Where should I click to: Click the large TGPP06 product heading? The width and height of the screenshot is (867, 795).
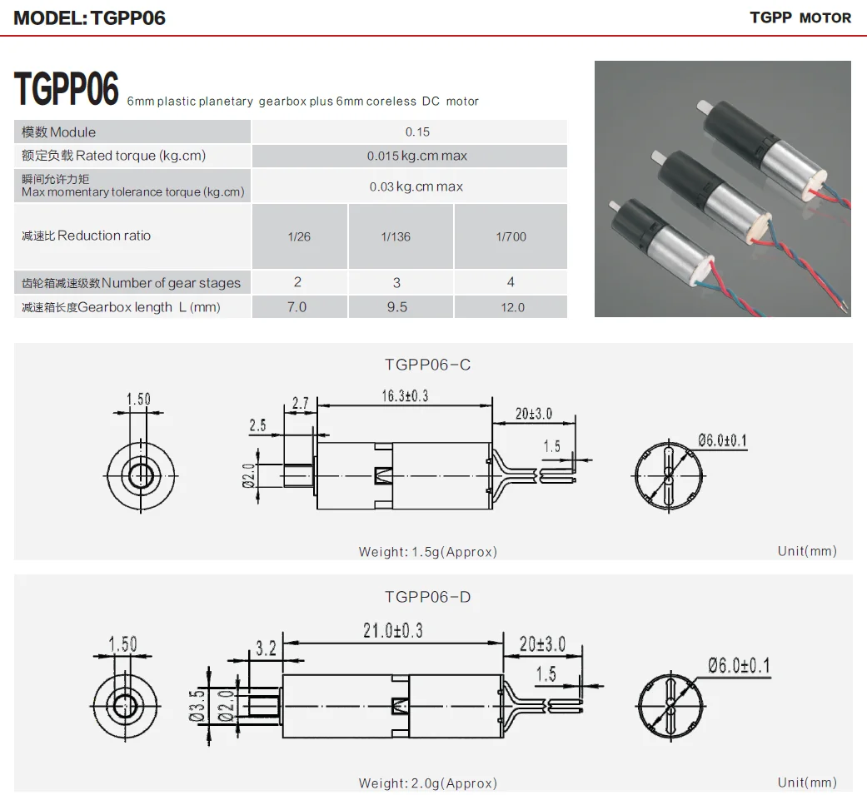[x=67, y=90]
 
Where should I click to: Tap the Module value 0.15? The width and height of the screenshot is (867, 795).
[x=417, y=132]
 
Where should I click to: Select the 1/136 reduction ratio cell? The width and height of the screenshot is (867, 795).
[x=396, y=236]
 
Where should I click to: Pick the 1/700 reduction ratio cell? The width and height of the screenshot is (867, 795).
[x=511, y=236]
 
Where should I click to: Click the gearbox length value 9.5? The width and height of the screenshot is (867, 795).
[x=397, y=307]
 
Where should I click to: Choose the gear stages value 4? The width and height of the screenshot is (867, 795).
[x=511, y=282]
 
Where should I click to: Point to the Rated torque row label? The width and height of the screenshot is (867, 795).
[x=114, y=156]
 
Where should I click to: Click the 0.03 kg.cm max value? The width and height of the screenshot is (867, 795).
[x=416, y=186]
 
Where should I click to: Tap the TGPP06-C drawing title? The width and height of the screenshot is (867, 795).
[x=427, y=365]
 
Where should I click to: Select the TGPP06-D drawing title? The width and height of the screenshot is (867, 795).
[x=427, y=597]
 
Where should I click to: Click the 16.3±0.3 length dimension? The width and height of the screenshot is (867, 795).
[x=405, y=396]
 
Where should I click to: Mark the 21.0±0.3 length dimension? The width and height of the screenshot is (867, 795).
[x=392, y=631]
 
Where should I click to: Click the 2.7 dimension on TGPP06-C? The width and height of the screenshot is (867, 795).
[x=300, y=404]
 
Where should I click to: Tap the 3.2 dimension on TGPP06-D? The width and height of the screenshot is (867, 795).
[x=266, y=648]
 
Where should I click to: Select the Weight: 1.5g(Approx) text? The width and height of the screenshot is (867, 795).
[x=427, y=551]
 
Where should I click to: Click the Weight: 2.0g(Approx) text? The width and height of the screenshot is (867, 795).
[x=427, y=783]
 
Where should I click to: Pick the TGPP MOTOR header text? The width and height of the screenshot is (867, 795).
[x=800, y=17]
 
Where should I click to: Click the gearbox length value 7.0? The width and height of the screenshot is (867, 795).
[x=296, y=307]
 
